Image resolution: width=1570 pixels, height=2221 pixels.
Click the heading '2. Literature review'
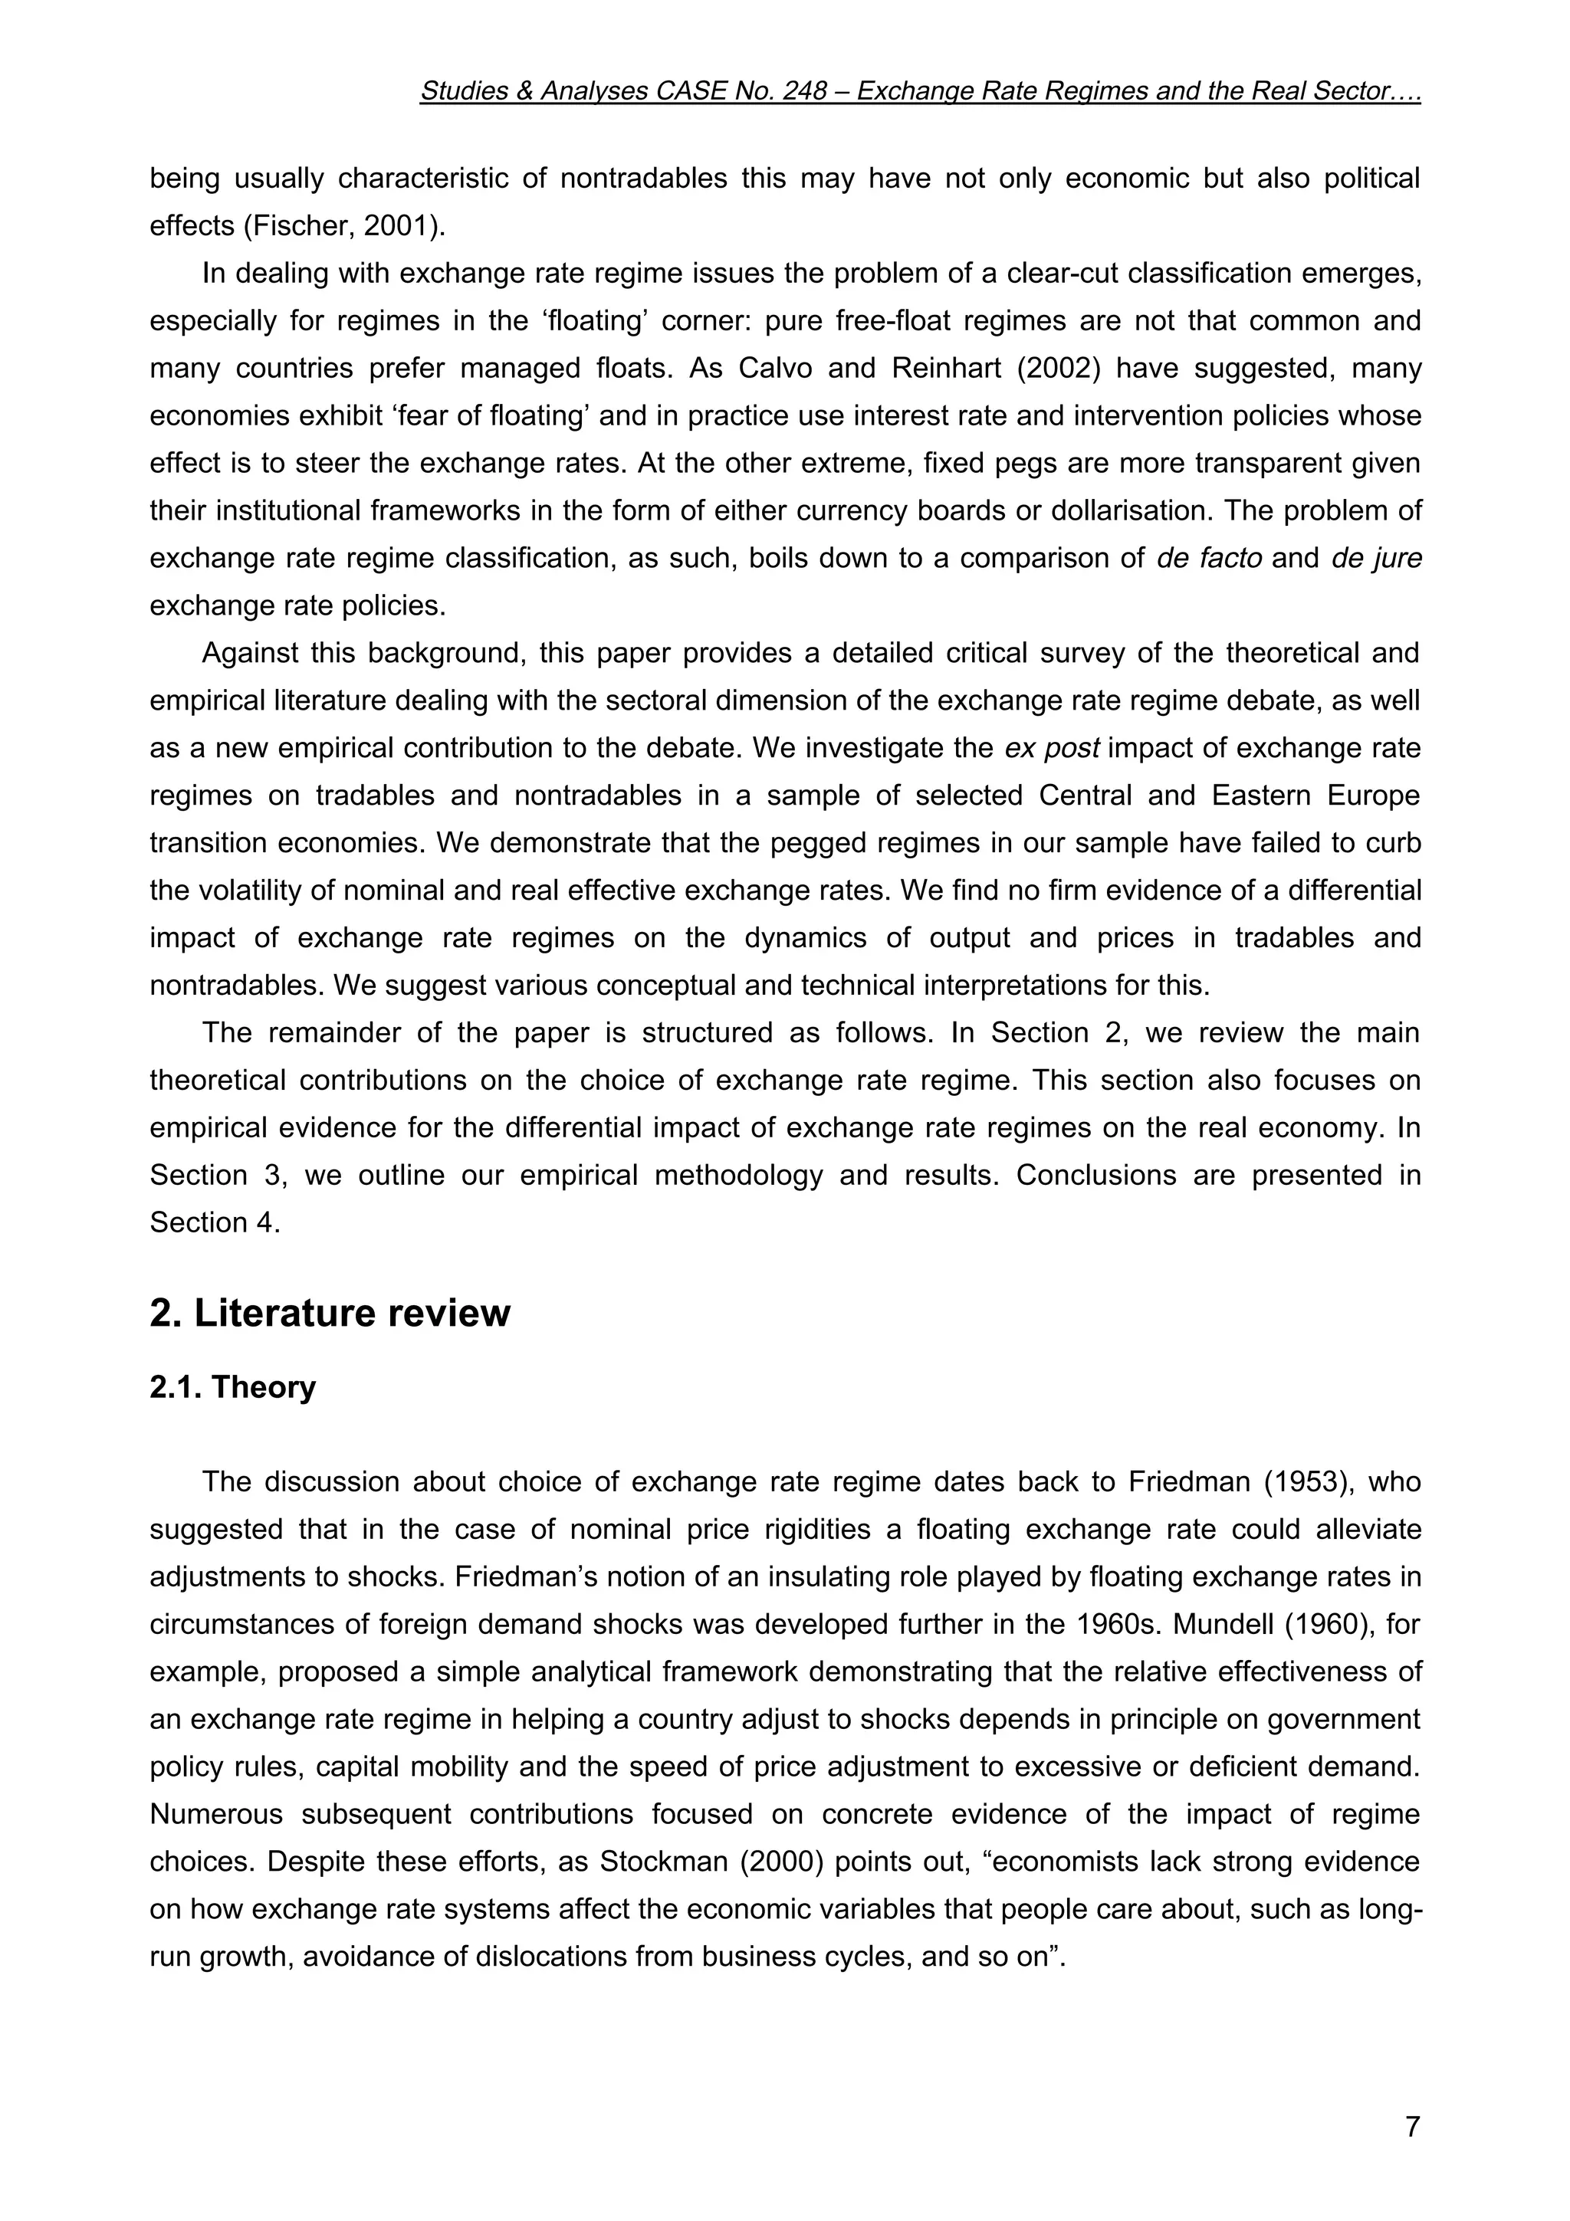(330, 1313)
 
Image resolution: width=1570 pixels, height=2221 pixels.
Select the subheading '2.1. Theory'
(232, 1387)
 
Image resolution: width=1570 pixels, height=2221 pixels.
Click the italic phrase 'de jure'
(1375, 558)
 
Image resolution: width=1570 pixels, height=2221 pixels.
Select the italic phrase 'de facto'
(1208, 558)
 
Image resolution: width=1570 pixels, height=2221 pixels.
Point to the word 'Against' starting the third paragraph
(250, 653)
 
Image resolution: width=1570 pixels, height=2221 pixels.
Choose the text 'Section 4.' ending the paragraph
(215, 1222)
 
